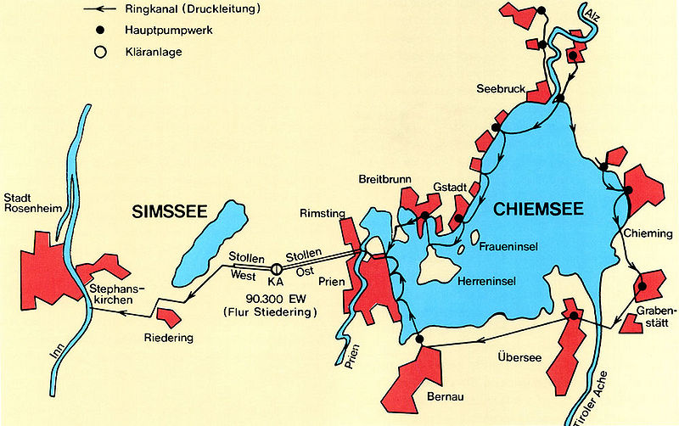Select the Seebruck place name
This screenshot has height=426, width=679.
tap(500, 87)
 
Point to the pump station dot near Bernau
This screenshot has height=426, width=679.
tap(419, 340)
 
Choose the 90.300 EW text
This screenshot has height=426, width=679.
tap(269, 299)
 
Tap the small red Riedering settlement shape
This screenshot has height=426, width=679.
tap(168, 317)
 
